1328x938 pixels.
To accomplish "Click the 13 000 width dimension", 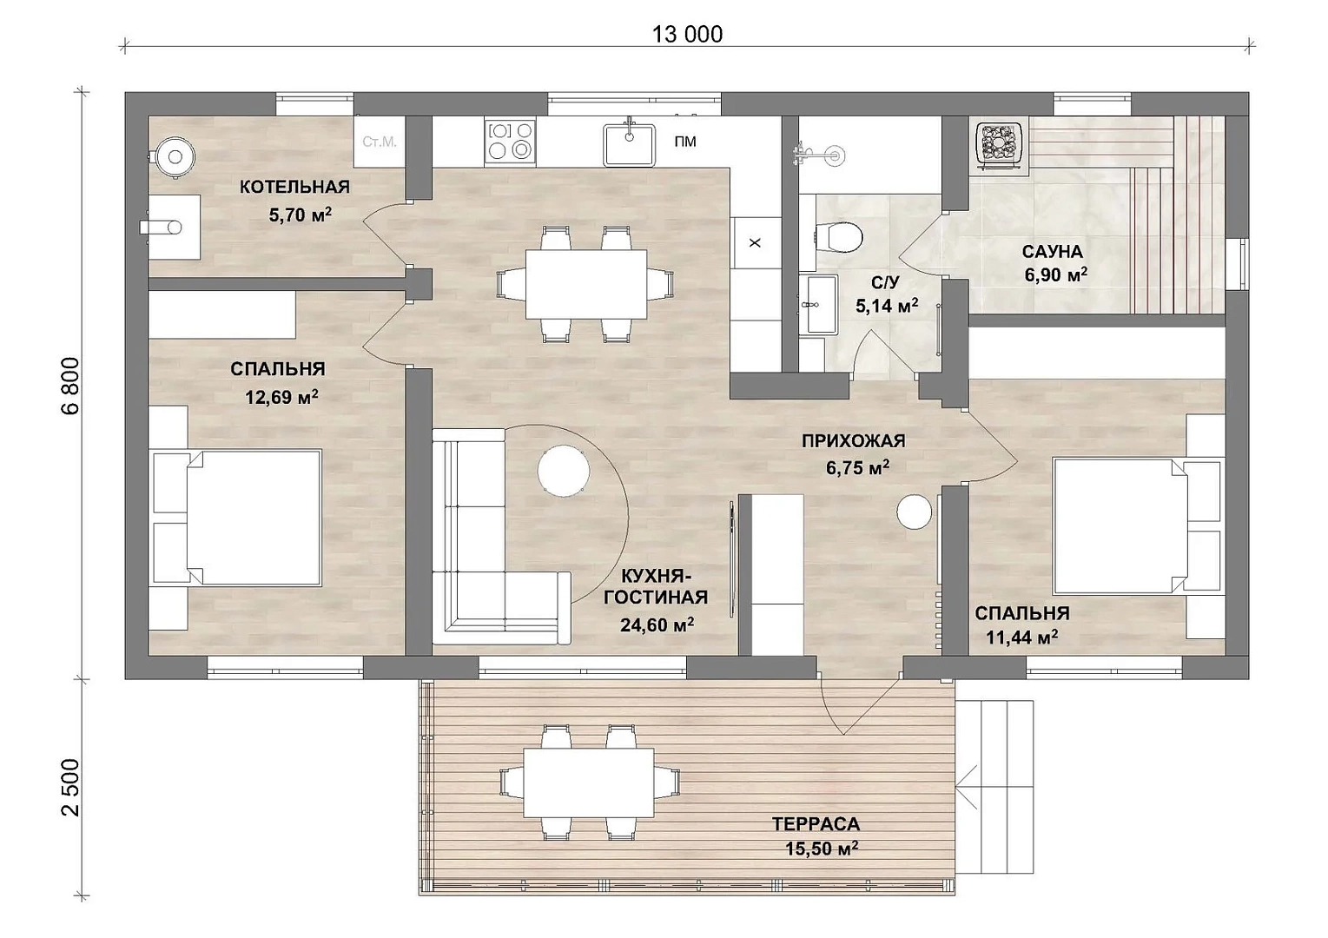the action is click(687, 35).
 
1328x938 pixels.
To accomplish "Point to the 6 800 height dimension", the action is click(70, 386).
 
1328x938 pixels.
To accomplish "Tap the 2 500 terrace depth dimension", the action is click(70, 788).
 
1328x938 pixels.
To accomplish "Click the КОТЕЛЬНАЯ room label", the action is click(294, 188).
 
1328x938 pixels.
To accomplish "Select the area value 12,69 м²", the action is click(281, 396).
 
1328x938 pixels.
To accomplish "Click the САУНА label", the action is click(1053, 251).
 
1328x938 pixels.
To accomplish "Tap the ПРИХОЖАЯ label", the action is click(854, 441).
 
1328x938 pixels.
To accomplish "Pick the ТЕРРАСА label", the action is click(816, 824).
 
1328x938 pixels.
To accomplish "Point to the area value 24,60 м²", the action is click(657, 624).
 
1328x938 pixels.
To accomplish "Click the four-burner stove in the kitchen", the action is click(510, 141).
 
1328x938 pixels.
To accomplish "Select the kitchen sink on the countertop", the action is click(629, 143).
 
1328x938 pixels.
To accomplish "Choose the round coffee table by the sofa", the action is click(563, 472).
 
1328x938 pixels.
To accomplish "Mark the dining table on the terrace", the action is click(589, 782).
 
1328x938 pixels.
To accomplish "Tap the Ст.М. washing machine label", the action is click(380, 142).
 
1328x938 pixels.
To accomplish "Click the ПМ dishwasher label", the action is click(685, 141).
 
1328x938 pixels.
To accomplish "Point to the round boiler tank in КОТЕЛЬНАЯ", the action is click(175, 157).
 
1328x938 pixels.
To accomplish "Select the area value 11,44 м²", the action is click(1022, 637).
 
